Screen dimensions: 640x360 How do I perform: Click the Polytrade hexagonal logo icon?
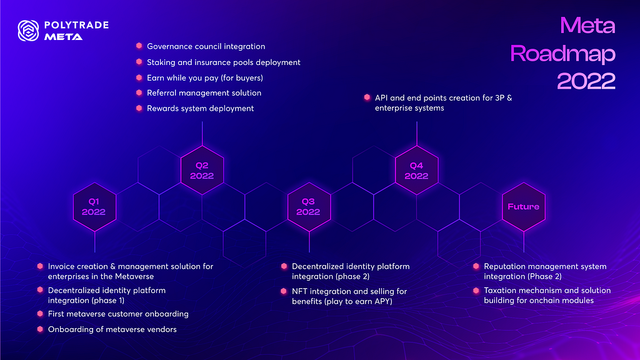pyautogui.click(x=28, y=31)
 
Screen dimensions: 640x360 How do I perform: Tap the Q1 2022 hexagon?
pyautogui.click(x=95, y=207)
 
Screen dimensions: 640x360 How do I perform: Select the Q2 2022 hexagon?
pyautogui.click(x=202, y=170)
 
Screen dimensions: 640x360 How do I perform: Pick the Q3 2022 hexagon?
pyautogui.click(x=309, y=207)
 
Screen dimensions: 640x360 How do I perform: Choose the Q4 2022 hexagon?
pyautogui.click(x=417, y=170)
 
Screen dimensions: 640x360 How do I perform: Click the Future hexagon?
pyautogui.click(x=524, y=207)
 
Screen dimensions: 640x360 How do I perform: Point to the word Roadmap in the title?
pyautogui.click(x=562, y=54)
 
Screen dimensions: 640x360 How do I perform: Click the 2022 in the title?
pyautogui.click(x=586, y=81)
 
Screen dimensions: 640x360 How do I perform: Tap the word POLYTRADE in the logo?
pyautogui.click(x=76, y=25)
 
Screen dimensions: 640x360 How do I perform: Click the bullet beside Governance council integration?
pyautogui.click(x=139, y=46)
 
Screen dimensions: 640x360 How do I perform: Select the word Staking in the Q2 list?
pyautogui.click(x=161, y=62)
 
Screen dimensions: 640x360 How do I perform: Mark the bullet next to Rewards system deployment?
pyautogui.click(x=139, y=108)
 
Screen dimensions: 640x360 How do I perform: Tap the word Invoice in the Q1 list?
pyautogui.click(x=61, y=266)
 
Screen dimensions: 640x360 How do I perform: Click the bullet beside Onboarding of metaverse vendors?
pyautogui.click(x=40, y=329)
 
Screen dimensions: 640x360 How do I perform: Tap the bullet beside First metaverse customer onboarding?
pyautogui.click(x=40, y=314)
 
